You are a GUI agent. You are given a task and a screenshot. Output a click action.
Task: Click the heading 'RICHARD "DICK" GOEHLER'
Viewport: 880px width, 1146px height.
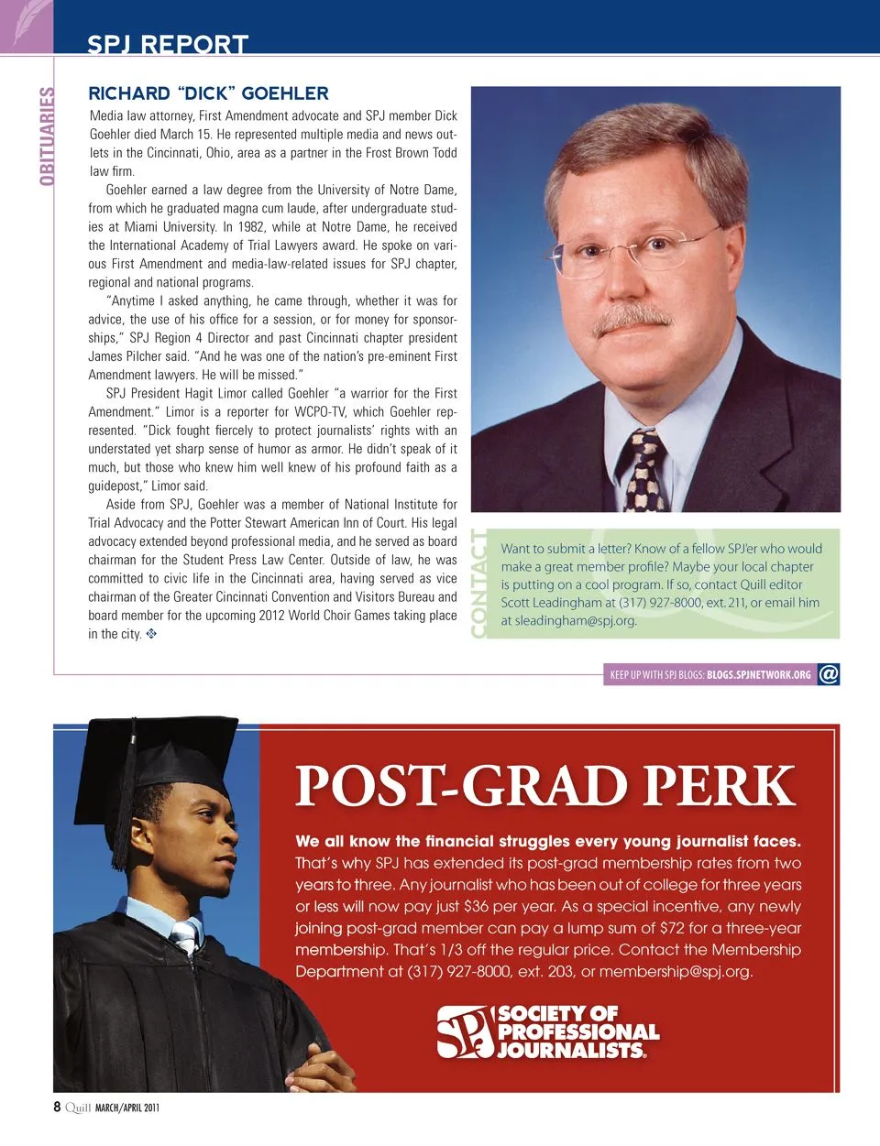(208, 93)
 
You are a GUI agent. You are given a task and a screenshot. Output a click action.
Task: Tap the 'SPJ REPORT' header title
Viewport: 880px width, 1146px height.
(168, 44)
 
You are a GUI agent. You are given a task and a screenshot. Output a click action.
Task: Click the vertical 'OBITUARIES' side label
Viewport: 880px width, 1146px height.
(47, 136)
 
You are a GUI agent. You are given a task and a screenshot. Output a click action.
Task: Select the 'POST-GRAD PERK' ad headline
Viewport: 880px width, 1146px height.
(544, 786)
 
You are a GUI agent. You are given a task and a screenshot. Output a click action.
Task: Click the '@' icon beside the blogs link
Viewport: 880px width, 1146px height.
(829, 674)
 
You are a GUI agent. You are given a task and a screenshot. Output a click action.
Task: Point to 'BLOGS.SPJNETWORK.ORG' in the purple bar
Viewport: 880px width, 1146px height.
(758, 675)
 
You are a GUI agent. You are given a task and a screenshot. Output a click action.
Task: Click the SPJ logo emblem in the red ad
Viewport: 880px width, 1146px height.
(465, 1031)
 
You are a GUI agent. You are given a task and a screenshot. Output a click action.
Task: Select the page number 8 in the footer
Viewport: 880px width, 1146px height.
(57, 1107)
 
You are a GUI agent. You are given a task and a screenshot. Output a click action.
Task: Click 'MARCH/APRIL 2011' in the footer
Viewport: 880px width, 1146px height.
(127, 1108)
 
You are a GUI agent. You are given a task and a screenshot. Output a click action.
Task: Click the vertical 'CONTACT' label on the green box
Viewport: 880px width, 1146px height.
(478, 584)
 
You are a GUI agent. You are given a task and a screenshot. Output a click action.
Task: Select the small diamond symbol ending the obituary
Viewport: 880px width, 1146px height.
(151, 633)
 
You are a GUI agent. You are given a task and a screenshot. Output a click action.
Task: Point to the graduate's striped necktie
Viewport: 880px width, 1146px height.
(186, 935)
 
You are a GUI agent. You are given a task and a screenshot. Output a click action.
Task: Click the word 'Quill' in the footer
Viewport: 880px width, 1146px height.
(78, 1108)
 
